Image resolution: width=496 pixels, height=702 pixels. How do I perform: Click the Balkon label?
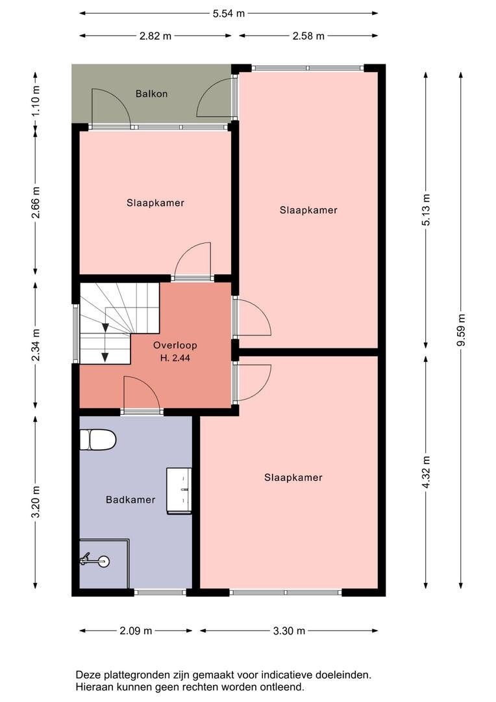tap(152, 94)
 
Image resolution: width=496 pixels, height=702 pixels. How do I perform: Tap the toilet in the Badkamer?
tap(98, 439)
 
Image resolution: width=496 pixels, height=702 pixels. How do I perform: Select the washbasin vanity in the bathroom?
tap(179, 491)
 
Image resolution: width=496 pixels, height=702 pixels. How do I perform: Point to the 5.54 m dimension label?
tap(229, 14)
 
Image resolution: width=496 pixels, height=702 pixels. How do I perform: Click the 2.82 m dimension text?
tap(155, 36)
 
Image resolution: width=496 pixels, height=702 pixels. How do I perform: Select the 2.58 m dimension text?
tap(308, 36)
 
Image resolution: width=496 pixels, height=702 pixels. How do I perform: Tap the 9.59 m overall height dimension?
tap(461, 330)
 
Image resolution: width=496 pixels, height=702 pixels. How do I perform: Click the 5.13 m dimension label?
tap(426, 209)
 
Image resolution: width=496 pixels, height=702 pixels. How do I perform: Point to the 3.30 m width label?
tap(289, 630)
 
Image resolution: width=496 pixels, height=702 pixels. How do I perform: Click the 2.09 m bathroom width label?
tap(136, 630)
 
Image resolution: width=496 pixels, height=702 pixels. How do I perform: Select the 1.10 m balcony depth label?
tap(36, 100)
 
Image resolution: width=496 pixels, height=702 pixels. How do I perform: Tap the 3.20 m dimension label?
tap(36, 501)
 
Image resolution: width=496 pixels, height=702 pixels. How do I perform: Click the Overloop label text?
tap(175, 345)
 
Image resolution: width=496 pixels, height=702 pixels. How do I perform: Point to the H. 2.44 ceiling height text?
tap(175, 357)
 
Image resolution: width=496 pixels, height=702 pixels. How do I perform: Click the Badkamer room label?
tap(130, 500)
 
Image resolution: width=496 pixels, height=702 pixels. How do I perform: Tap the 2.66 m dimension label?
tap(36, 202)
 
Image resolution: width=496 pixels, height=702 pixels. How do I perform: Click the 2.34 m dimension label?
tap(36, 344)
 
